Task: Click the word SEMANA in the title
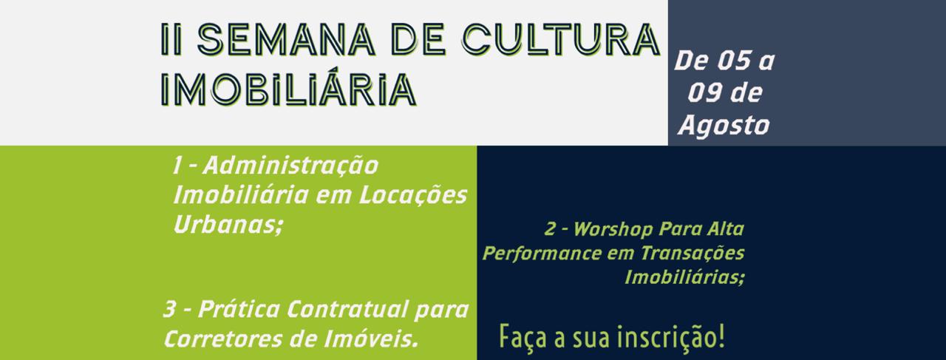click(286, 39)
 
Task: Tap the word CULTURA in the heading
click(561, 39)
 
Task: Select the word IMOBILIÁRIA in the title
click(288, 89)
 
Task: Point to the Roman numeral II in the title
click(171, 39)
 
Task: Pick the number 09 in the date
click(704, 93)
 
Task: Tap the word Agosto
click(724, 126)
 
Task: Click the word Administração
click(290, 165)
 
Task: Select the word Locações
click(413, 196)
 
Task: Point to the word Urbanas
click(226, 225)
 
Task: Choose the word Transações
click(693, 254)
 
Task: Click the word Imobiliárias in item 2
click(684, 278)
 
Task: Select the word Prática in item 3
click(239, 309)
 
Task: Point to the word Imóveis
click(372, 339)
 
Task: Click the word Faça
click(523, 338)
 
